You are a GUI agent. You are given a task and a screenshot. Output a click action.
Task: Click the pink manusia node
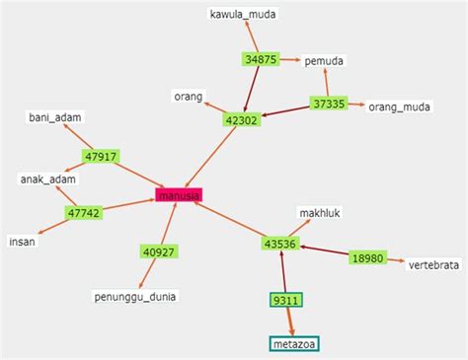pyautogui.click(x=179, y=195)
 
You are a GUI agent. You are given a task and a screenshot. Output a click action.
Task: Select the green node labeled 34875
pyautogui.click(x=260, y=59)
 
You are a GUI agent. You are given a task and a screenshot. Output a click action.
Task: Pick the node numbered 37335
pyautogui.click(x=329, y=103)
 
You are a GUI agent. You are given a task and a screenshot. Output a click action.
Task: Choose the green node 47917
pyautogui.click(x=102, y=156)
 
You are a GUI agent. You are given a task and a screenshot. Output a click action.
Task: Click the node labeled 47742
pyautogui.click(x=85, y=212)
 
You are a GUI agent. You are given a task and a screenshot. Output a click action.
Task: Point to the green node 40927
pyautogui.click(x=159, y=252)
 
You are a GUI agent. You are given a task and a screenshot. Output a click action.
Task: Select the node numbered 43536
pyautogui.click(x=280, y=243)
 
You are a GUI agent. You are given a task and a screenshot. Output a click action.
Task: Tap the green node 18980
pyautogui.click(x=366, y=257)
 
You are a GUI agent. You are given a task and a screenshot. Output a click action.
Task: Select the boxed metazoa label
pyautogui.click(x=294, y=343)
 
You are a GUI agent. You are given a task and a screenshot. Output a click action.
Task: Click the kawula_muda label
pyautogui.click(x=243, y=15)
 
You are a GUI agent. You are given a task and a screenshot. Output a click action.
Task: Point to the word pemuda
pyautogui.click(x=324, y=61)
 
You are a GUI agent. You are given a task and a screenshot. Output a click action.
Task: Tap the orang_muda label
pyautogui.click(x=401, y=106)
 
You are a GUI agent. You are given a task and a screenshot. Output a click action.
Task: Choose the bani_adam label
pyautogui.click(x=55, y=117)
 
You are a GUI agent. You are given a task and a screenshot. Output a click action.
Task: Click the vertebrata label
pyautogui.click(x=434, y=263)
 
